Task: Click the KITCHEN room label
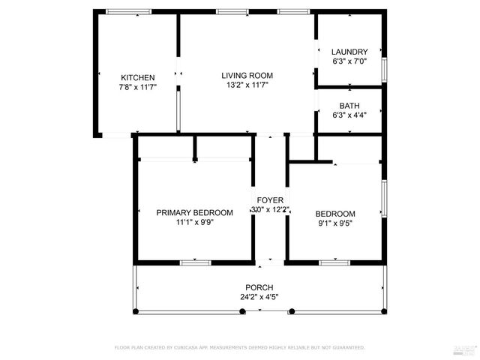[137, 77]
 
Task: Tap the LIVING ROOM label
[246, 75]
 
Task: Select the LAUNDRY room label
[349, 52]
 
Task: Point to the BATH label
[349, 106]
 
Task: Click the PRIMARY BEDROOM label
[194, 212]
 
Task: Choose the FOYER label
[270, 200]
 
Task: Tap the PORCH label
[259, 287]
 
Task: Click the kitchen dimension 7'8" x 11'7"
[137, 87]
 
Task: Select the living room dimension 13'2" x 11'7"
[246, 85]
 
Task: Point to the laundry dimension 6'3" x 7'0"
[349, 61]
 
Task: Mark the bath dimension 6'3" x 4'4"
[349, 115]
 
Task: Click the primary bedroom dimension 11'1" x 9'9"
[194, 222]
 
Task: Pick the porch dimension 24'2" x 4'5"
[259, 297]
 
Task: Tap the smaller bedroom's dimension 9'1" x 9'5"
[335, 222]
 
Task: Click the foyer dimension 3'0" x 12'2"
[270, 210]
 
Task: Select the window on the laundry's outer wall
[384, 67]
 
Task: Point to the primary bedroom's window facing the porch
[194, 262]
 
